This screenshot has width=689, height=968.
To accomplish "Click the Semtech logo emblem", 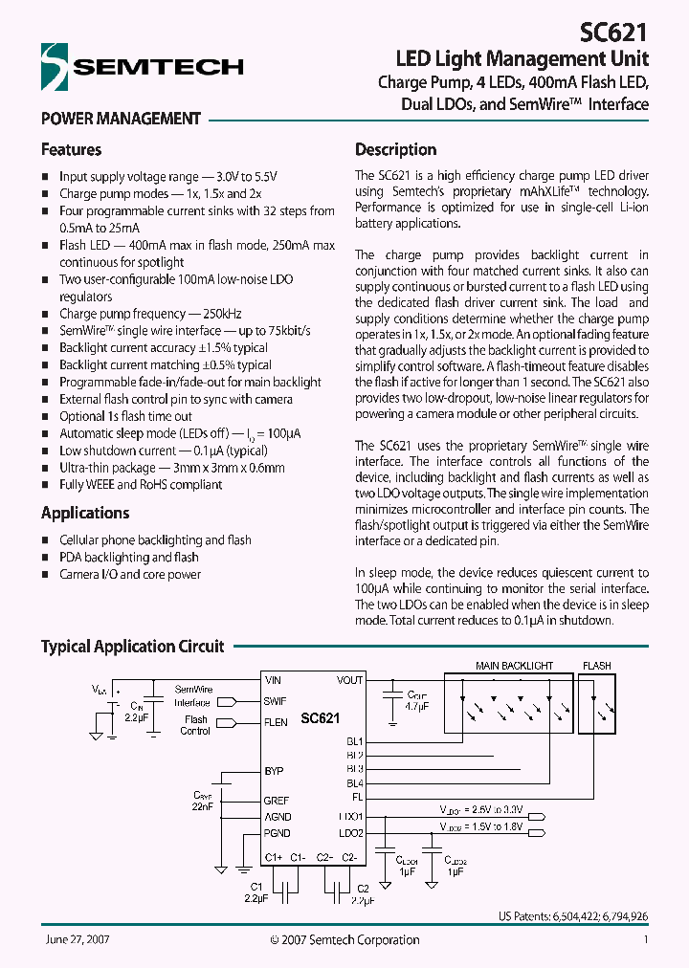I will tap(55, 67).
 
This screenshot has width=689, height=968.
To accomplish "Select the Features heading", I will tap(71, 150).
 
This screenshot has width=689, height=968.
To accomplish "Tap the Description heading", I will tap(395, 150).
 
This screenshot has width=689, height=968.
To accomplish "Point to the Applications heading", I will tap(85, 513).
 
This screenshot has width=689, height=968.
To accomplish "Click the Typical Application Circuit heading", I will tap(132, 647).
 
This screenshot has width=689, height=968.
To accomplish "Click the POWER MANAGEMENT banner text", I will tap(121, 119).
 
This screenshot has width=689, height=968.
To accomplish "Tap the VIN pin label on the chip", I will tap(274, 680).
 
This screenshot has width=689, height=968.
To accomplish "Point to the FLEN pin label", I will tap(276, 722).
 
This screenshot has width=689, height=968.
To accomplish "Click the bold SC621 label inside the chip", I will tap(320, 717).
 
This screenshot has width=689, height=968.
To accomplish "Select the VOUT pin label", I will tap(349, 680).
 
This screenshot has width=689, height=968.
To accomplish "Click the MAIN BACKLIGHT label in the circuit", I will tap(514, 666).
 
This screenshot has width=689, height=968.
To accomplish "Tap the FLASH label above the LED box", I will tap(597, 666).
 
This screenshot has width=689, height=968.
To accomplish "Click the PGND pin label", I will tap(278, 833).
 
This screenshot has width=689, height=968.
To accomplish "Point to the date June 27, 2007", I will tap(77, 940).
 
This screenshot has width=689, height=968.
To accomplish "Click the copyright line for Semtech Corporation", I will tap(344, 940).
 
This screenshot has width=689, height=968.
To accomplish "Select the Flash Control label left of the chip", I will tap(195, 725).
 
